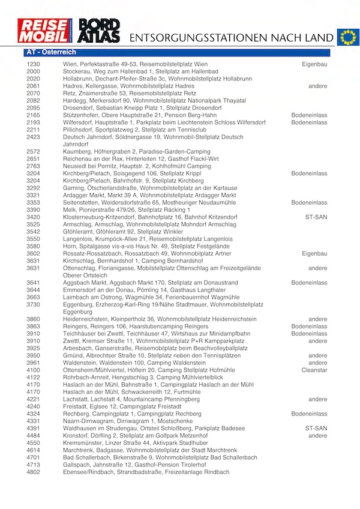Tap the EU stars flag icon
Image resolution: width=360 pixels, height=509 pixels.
(x=347, y=37)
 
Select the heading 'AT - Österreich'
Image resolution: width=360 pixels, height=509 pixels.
(x=50, y=53)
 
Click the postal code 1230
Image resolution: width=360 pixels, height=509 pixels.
(x=34, y=64)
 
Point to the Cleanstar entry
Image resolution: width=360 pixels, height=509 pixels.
(x=313, y=370)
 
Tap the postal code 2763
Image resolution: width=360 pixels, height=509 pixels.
(x=34, y=165)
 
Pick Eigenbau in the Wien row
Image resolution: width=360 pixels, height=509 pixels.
(x=314, y=64)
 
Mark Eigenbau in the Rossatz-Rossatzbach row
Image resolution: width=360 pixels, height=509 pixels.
(x=314, y=253)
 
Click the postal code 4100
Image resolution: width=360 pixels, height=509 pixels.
(x=34, y=370)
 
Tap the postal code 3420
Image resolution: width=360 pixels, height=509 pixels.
(x=34, y=217)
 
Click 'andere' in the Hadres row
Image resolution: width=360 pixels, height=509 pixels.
(x=318, y=86)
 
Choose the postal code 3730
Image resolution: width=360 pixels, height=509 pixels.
(x=34, y=304)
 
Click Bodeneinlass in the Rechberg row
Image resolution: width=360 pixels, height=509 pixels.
(x=310, y=414)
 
